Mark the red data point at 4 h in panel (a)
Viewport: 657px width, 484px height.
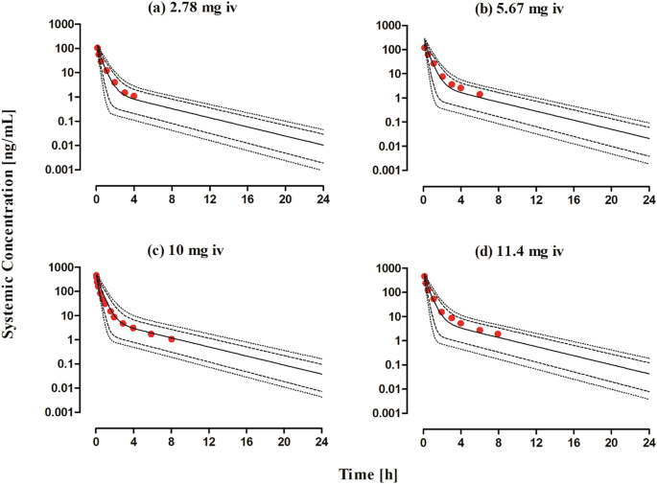pyautogui.click(x=133, y=96)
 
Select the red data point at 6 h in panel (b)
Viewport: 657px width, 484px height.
pyautogui.click(x=480, y=94)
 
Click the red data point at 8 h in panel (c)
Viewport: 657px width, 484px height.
pyautogui.click(x=172, y=339)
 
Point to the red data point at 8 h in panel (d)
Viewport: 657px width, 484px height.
pyautogui.click(x=498, y=334)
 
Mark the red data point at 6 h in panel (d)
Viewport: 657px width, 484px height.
pyautogui.click(x=480, y=330)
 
